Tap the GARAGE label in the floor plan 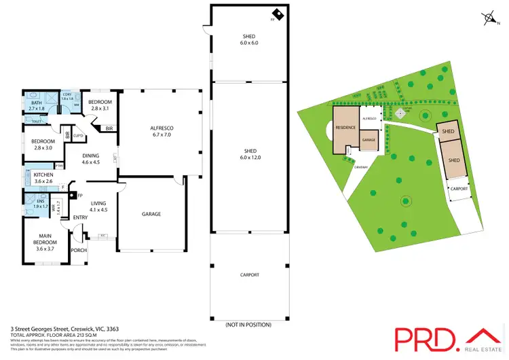pyautogui.click(x=151, y=214)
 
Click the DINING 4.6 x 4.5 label pyautogui.click(x=91, y=159)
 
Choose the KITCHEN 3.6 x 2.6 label pyautogui.click(x=43, y=178)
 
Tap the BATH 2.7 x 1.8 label pyautogui.click(x=37, y=105)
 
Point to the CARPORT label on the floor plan pyautogui.click(x=250, y=274)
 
